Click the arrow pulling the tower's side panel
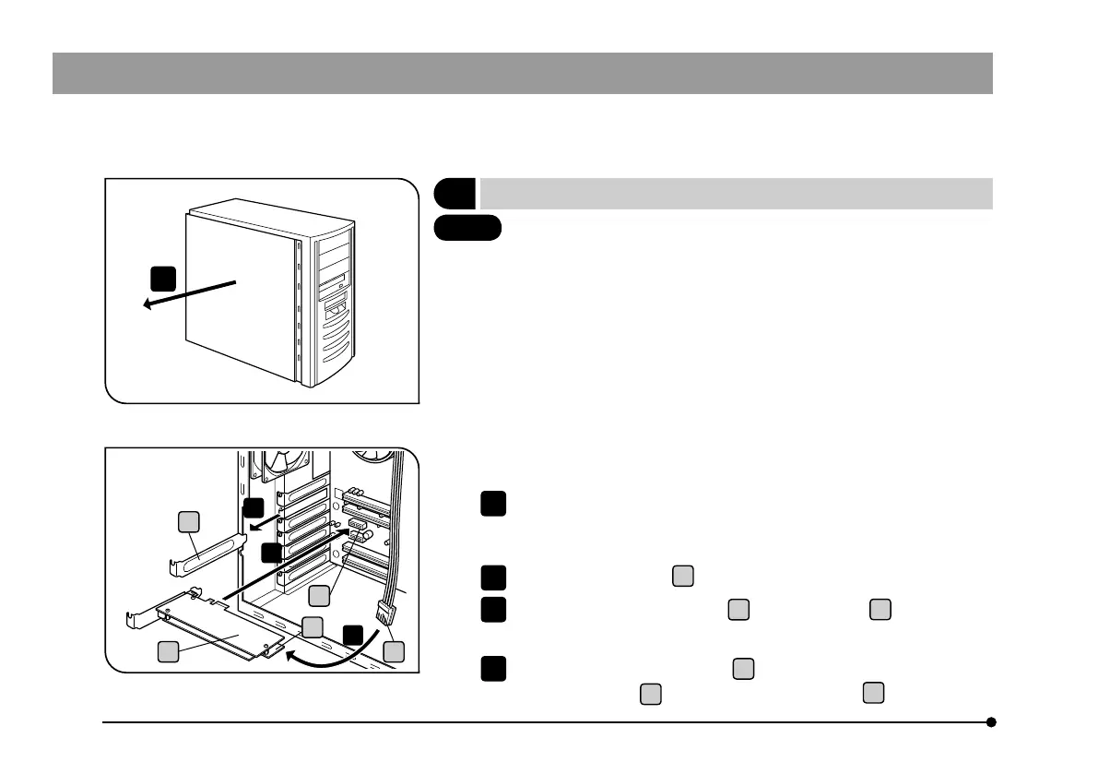click(x=189, y=294)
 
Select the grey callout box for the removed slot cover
click(x=189, y=523)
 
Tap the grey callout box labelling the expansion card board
click(x=167, y=651)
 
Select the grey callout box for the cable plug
click(x=395, y=651)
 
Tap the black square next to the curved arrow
click(x=352, y=635)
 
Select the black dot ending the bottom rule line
click(x=991, y=722)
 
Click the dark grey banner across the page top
click(x=522, y=73)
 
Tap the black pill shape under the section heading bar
click(x=467, y=227)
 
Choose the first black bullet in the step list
click(x=492, y=503)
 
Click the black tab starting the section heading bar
click(x=455, y=194)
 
